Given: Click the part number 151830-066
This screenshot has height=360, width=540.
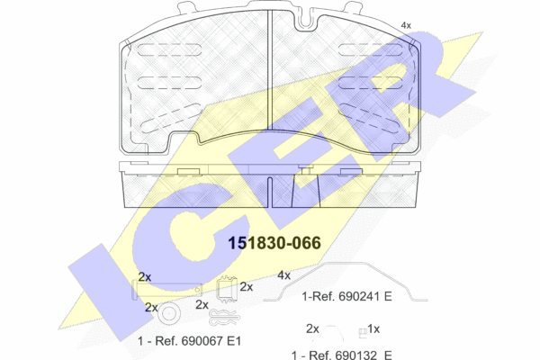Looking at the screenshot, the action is coord(274,243).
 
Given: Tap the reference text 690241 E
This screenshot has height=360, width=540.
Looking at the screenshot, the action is coord(365,296).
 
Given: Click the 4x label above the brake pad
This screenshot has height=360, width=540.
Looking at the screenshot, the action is coord(406,25).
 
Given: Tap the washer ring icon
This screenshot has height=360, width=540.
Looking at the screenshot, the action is coord(169,313).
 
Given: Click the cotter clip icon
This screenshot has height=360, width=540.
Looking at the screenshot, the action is coord(224,318).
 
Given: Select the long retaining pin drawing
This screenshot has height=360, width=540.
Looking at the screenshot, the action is coord(167,290).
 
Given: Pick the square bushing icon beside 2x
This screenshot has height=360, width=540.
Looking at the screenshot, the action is coord(227,290).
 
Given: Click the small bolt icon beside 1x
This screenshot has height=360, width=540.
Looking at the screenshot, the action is coord(363,332).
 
